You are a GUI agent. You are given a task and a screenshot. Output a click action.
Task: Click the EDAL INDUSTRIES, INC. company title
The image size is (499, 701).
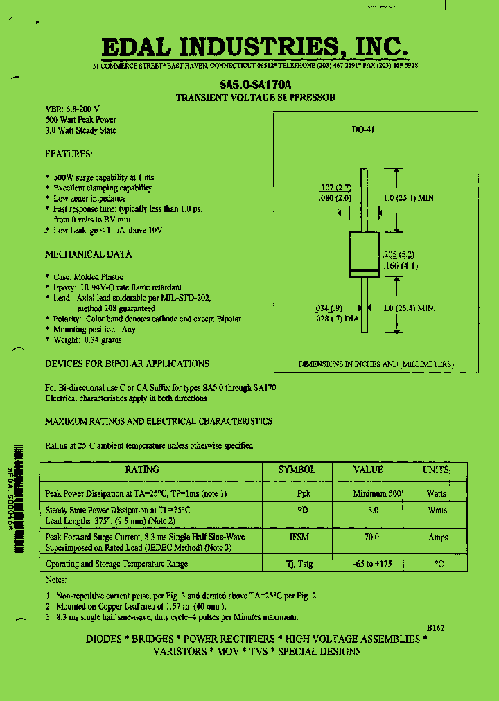click(254, 46)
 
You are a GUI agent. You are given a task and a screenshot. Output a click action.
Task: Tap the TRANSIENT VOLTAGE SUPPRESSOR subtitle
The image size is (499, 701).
click(256, 98)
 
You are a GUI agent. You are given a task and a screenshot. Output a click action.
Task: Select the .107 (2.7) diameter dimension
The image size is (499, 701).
click(335, 188)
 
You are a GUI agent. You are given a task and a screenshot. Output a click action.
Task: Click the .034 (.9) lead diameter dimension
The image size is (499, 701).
click(328, 308)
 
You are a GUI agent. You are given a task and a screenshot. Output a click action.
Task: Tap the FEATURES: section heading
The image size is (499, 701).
click(69, 154)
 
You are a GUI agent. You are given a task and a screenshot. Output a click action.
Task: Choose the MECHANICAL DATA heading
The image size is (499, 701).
click(88, 254)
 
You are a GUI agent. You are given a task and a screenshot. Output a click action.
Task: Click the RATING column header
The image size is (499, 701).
click(141, 470)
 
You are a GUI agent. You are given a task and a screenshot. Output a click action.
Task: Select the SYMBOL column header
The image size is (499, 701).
click(297, 470)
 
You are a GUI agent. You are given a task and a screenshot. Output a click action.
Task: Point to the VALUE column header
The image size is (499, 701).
click(368, 470)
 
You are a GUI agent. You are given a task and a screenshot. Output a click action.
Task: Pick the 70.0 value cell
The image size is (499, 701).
click(372, 537)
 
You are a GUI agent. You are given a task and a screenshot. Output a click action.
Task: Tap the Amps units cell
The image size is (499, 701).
click(437, 537)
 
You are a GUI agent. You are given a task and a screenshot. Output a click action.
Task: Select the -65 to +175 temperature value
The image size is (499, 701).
click(372, 564)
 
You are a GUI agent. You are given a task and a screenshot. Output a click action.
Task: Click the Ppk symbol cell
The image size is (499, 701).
click(304, 494)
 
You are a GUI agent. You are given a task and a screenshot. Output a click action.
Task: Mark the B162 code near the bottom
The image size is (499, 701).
click(435, 628)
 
